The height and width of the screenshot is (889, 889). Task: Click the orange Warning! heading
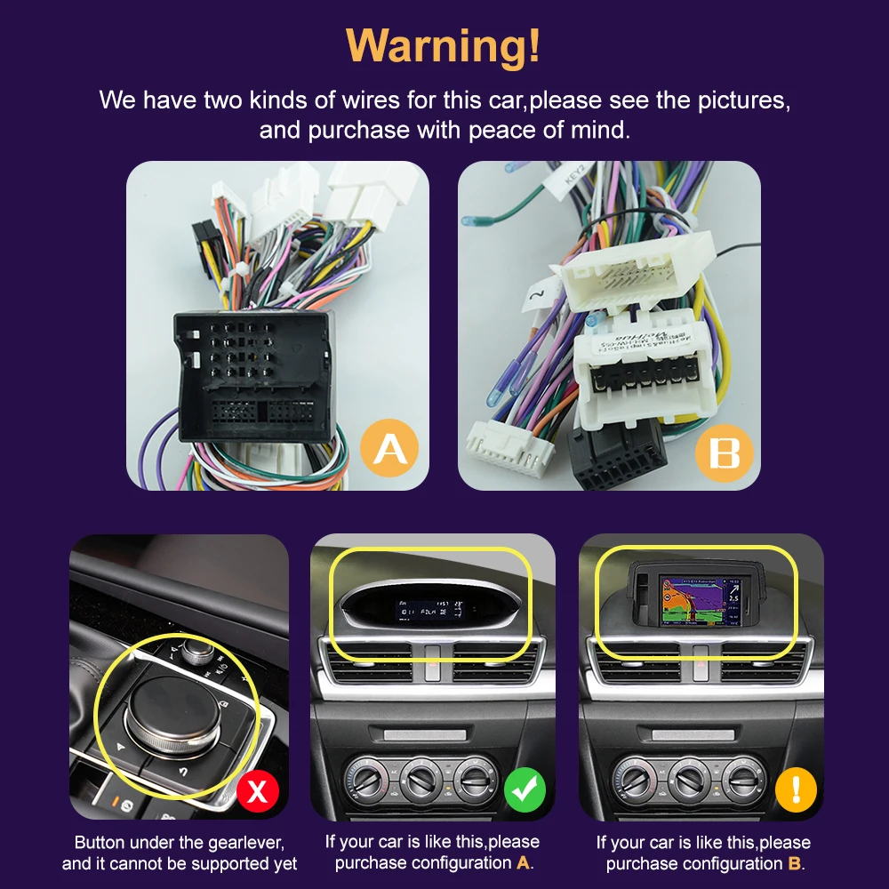[x=443, y=45]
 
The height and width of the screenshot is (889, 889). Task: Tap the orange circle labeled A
[x=389, y=451]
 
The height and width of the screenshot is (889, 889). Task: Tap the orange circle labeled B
[x=724, y=453]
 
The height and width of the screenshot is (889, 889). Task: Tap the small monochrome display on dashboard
[x=431, y=612]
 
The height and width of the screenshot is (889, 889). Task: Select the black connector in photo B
[x=616, y=453]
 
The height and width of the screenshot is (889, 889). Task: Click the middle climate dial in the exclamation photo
[x=690, y=780]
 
